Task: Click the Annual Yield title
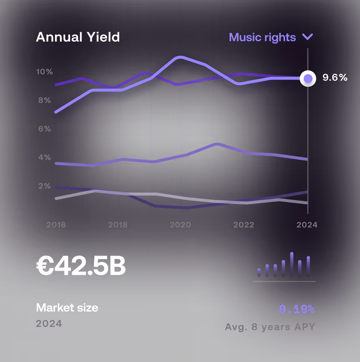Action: (78, 38)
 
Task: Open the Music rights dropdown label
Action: (262, 38)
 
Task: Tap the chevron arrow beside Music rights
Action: (307, 37)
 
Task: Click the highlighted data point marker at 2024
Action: (308, 78)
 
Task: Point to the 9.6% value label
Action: (335, 77)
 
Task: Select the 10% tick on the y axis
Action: (44, 72)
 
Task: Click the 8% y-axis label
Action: (44, 100)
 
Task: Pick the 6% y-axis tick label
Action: (44, 129)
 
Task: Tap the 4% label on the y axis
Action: (44, 157)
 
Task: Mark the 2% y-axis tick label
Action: (44, 186)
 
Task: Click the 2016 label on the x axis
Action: (56, 225)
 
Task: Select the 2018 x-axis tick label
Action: (118, 225)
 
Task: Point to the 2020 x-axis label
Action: (180, 225)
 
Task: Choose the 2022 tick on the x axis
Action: (244, 225)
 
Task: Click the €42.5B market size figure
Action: (81, 267)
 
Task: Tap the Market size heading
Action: (67, 307)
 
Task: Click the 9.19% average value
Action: (296, 310)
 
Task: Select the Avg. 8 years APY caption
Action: (270, 327)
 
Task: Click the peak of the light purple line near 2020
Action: (180, 57)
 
